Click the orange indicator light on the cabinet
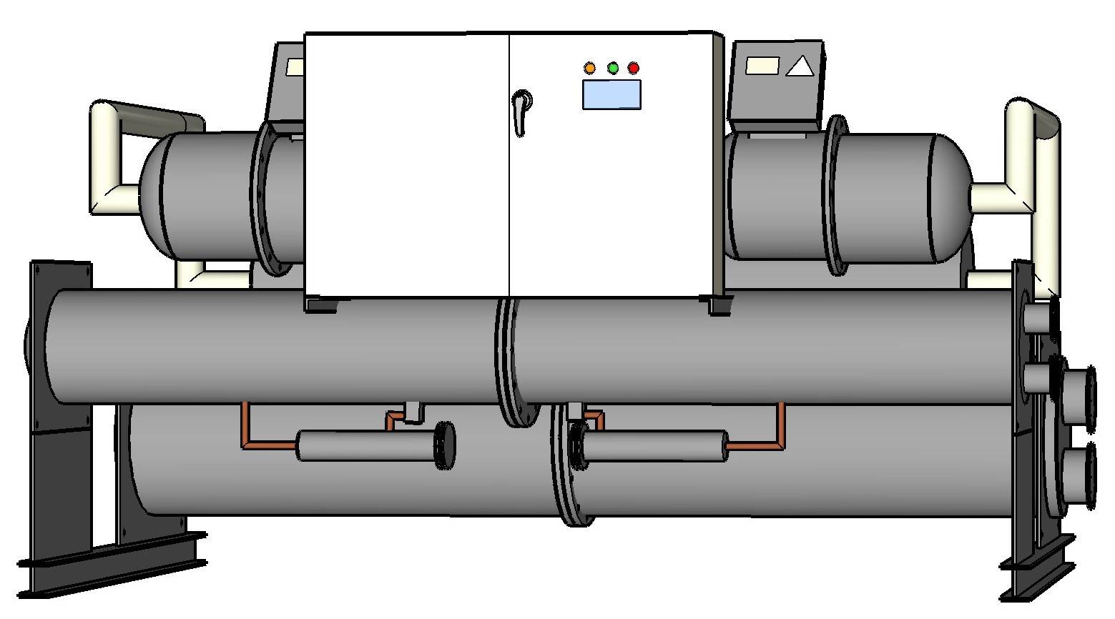590,68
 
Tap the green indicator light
613,68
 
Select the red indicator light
634,68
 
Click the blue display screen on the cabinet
611,94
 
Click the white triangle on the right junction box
800,67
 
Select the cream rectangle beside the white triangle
762,66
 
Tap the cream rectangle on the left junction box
295,67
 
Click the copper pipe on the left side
245,429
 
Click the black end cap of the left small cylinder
446,445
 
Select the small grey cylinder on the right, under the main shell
654,446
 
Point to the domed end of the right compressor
955,199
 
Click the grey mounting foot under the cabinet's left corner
322,305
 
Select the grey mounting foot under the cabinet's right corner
720,305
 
